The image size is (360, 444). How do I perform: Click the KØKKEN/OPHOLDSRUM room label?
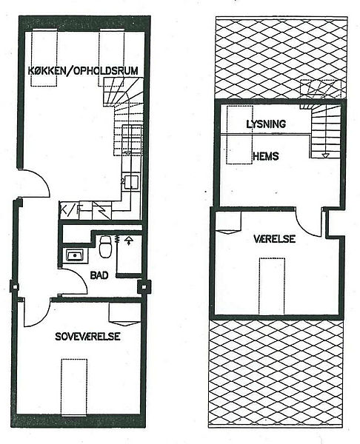tap(83, 70)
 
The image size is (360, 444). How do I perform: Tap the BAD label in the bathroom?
tap(99, 275)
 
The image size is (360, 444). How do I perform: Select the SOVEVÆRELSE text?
tap(87, 337)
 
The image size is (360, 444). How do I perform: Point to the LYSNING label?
tap(266, 124)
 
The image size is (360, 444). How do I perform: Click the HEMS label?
tap(266, 156)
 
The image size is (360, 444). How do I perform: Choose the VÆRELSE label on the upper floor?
tap(274, 239)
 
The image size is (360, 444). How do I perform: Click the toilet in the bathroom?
tap(105, 246)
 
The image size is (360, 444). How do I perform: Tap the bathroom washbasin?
tap(75, 255)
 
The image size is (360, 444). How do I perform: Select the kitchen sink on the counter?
tap(132, 181)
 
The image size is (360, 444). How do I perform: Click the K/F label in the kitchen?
tap(71, 210)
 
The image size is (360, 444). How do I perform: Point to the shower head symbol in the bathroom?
tap(130, 240)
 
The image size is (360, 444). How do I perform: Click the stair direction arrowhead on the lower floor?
tap(128, 154)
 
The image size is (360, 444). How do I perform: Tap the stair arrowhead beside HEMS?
tap(325, 155)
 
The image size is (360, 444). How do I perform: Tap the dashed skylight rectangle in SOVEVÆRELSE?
tap(74, 387)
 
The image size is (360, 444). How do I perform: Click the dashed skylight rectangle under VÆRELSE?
tap(272, 286)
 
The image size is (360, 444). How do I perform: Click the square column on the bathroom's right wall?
tap(144, 287)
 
